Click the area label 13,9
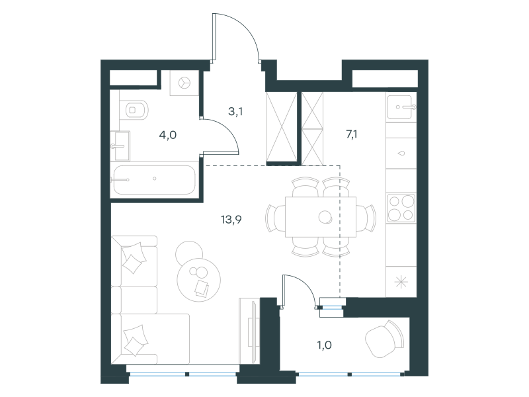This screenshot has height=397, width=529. [231, 220]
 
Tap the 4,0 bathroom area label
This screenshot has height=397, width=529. [168, 136]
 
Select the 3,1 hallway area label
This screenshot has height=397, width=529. [235, 111]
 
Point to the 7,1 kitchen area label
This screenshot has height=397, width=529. [352, 134]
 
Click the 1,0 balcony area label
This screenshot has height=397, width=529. [324, 345]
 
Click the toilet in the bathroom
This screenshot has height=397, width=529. [134, 110]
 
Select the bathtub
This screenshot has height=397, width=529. [155, 179]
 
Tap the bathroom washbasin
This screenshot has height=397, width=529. [122, 146]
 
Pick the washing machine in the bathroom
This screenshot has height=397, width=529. [184, 83]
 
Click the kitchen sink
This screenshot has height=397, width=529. [401, 107]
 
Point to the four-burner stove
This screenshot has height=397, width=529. [401, 208]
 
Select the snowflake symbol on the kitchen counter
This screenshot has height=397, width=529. [401, 282]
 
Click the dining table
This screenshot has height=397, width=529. [321, 217]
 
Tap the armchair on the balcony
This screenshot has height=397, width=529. [386, 339]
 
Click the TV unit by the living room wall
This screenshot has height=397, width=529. [250, 331]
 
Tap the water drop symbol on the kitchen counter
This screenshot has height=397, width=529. [401, 154]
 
